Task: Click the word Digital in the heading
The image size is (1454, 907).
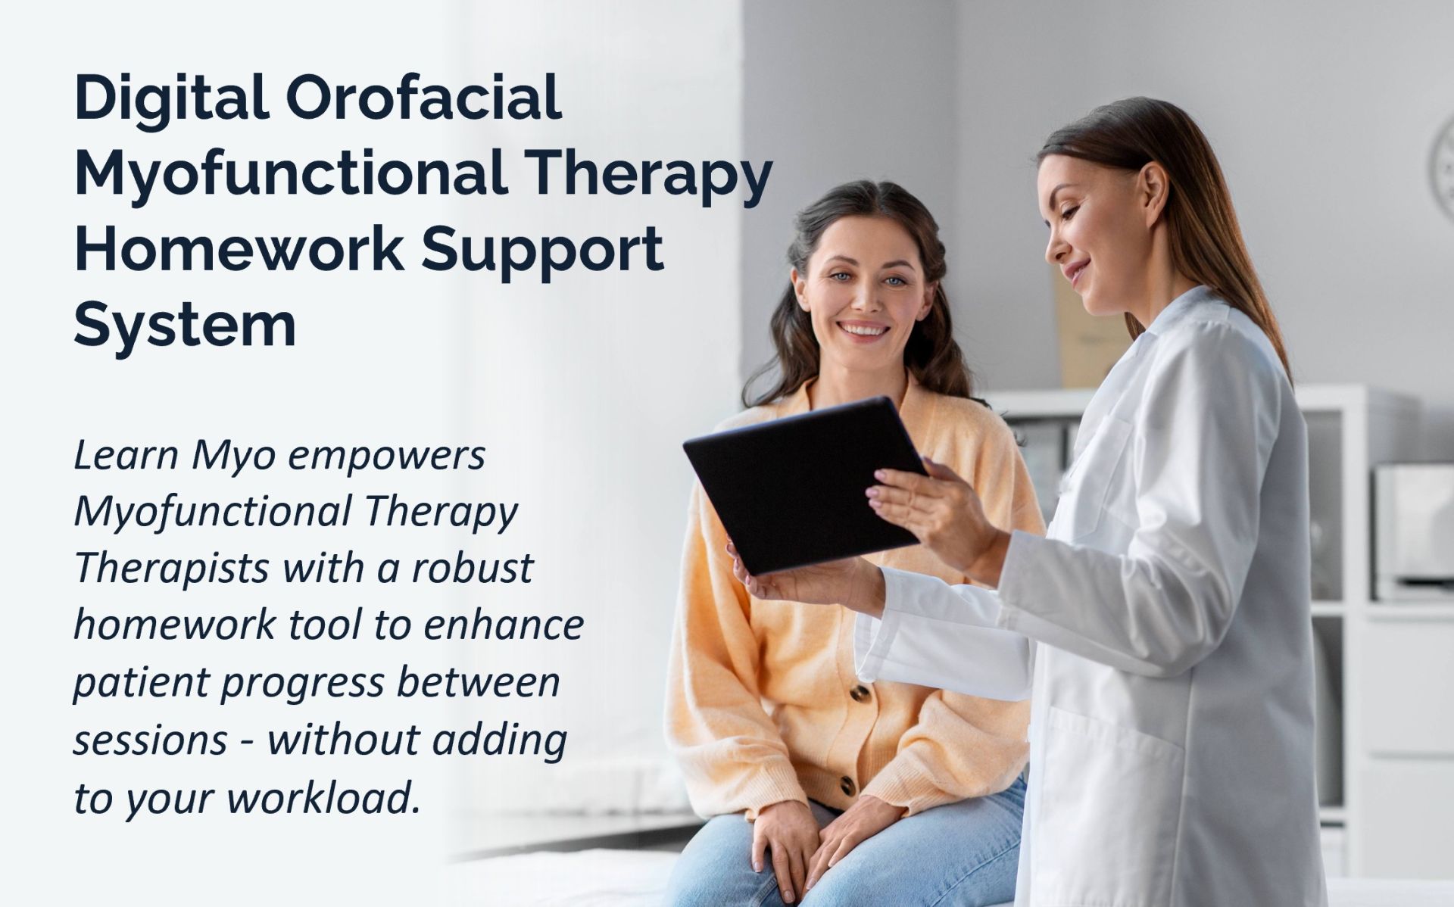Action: coord(173,99)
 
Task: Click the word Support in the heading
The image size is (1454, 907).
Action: coord(543,252)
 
